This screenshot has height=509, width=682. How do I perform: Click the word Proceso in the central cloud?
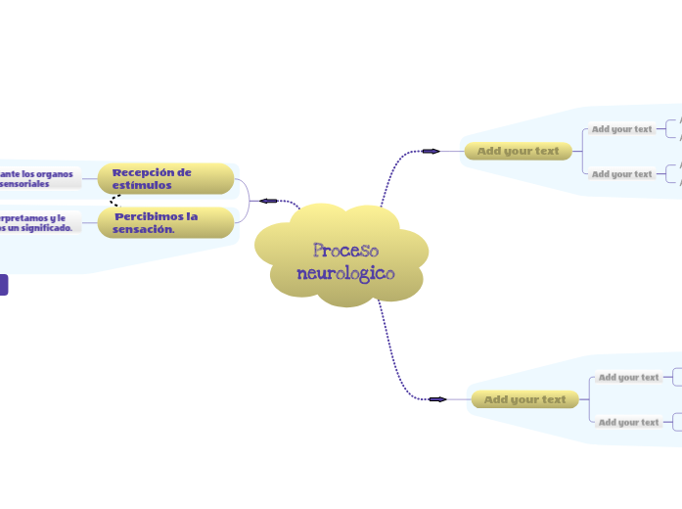pyautogui.click(x=345, y=252)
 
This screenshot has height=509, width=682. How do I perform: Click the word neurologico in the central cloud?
pyautogui.click(x=345, y=274)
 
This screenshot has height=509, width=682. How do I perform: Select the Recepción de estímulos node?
pyautogui.click(x=165, y=178)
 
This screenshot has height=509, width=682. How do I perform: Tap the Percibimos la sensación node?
pyautogui.click(x=165, y=222)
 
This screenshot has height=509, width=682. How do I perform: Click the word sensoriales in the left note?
pyautogui.click(x=24, y=184)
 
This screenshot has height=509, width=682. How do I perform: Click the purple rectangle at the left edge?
pyautogui.click(x=3, y=285)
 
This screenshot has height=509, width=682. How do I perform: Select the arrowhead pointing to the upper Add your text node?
pyautogui.click(x=430, y=151)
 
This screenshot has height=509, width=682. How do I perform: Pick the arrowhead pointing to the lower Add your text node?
pyautogui.click(x=436, y=399)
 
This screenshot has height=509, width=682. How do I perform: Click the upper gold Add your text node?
pyautogui.click(x=518, y=151)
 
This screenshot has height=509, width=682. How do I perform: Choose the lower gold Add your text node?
pyautogui.click(x=524, y=399)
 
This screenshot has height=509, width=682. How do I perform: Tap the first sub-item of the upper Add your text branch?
pyautogui.click(x=621, y=128)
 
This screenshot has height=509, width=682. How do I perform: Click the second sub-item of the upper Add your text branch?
pyautogui.click(x=621, y=174)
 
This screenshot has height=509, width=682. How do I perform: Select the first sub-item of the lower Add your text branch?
pyautogui.click(x=628, y=377)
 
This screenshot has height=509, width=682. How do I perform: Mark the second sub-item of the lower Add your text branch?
pyautogui.click(x=628, y=423)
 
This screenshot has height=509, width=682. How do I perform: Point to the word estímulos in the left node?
pyautogui.click(x=142, y=185)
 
